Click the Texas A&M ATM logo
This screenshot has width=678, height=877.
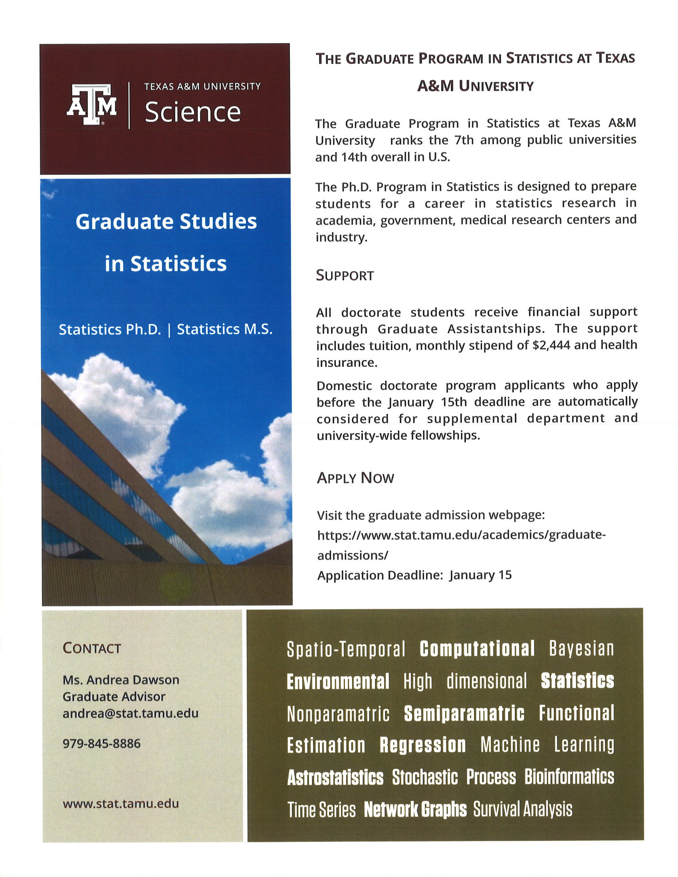(x=92, y=105)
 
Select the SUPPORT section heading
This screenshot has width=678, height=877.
(x=345, y=275)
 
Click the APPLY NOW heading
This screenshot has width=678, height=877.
(x=355, y=478)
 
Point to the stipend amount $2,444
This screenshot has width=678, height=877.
(x=551, y=345)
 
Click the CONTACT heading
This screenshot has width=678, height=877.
(x=91, y=648)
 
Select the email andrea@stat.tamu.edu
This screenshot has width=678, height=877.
(x=131, y=713)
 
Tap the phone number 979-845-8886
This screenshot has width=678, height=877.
(x=101, y=743)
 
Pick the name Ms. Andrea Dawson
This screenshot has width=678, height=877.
(x=121, y=680)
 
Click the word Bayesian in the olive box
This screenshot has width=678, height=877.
(x=582, y=649)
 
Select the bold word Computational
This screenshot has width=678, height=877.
(x=477, y=649)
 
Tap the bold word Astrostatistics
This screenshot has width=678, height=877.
(x=335, y=777)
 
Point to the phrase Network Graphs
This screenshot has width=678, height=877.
(x=415, y=809)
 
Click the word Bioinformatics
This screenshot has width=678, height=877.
(x=569, y=777)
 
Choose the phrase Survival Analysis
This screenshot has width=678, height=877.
(x=523, y=809)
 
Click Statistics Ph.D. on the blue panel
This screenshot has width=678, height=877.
(x=110, y=329)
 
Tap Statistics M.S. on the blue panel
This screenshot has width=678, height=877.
(x=225, y=329)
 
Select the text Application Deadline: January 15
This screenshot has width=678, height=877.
(x=414, y=575)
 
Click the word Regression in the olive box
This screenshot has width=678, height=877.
(x=422, y=745)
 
